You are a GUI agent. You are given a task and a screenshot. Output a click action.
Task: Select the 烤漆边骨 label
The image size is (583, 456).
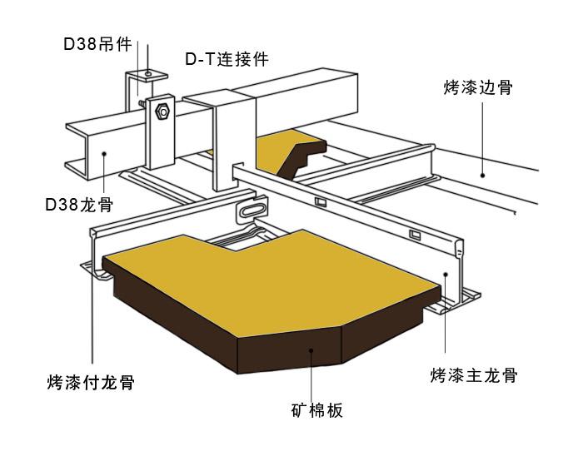[x=477, y=87]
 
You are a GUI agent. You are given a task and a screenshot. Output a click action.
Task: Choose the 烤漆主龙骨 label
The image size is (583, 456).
[x=474, y=375]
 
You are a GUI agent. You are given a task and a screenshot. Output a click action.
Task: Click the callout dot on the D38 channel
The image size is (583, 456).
[x=104, y=153]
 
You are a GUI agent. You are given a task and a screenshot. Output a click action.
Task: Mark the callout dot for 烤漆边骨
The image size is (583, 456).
[x=482, y=174]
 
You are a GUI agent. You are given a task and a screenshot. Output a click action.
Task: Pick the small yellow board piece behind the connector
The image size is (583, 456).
[x=279, y=146]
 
